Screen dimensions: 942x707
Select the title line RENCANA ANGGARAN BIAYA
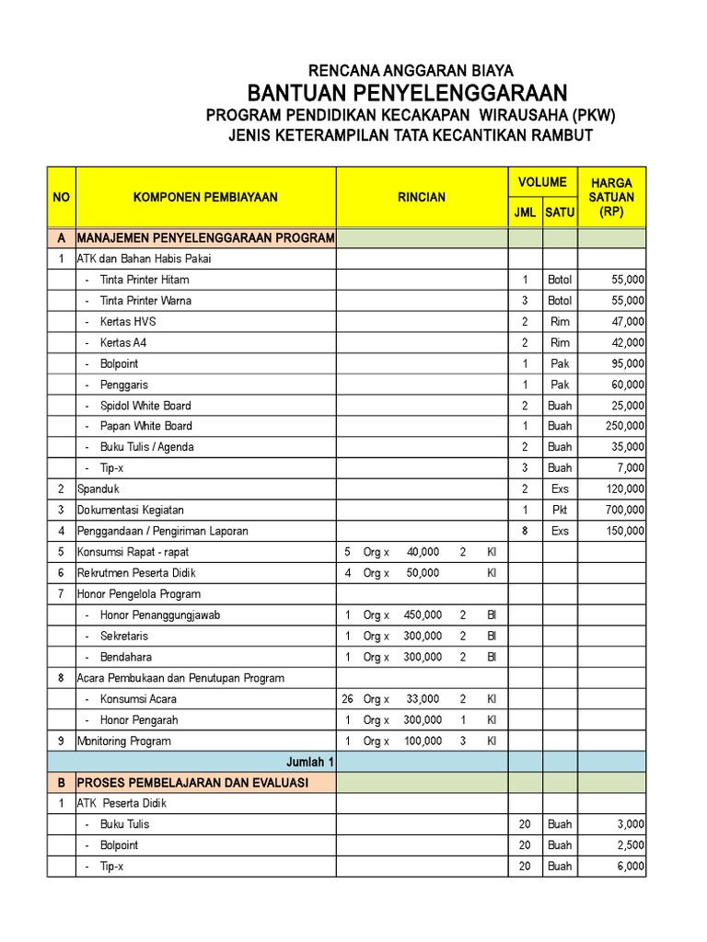click(x=411, y=70)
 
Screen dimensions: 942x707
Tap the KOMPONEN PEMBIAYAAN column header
click(x=205, y=197)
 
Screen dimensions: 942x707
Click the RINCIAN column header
click(x=422, y=197)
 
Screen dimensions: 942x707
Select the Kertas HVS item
click(x=130, y=321)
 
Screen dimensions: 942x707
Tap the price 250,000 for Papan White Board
click(x=625, y=426)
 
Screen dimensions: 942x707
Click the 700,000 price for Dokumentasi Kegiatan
click(x=625, y=510)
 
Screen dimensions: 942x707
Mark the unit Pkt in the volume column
click(x=560, y=510)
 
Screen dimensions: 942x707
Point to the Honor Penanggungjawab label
click(x=160, y=615)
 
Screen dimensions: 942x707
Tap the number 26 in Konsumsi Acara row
click(x=347, y=699)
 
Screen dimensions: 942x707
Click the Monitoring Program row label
click(x=123, y=741)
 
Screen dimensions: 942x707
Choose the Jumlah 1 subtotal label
click(x=310, y=762)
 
